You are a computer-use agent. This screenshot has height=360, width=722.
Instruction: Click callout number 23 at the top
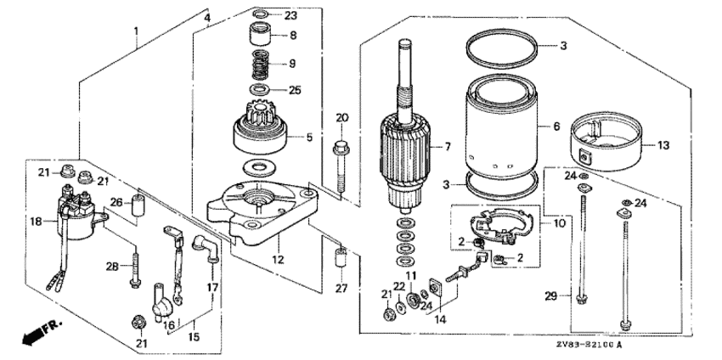[290, 15]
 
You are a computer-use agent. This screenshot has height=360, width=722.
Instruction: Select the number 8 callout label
[293, 36]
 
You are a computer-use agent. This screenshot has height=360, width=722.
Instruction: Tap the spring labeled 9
[262, 65]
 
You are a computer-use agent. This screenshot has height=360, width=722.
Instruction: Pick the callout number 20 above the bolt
[341, 117]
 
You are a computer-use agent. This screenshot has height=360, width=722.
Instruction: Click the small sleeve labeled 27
[339, 258]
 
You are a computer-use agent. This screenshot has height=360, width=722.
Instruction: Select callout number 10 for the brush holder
[557, 225]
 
